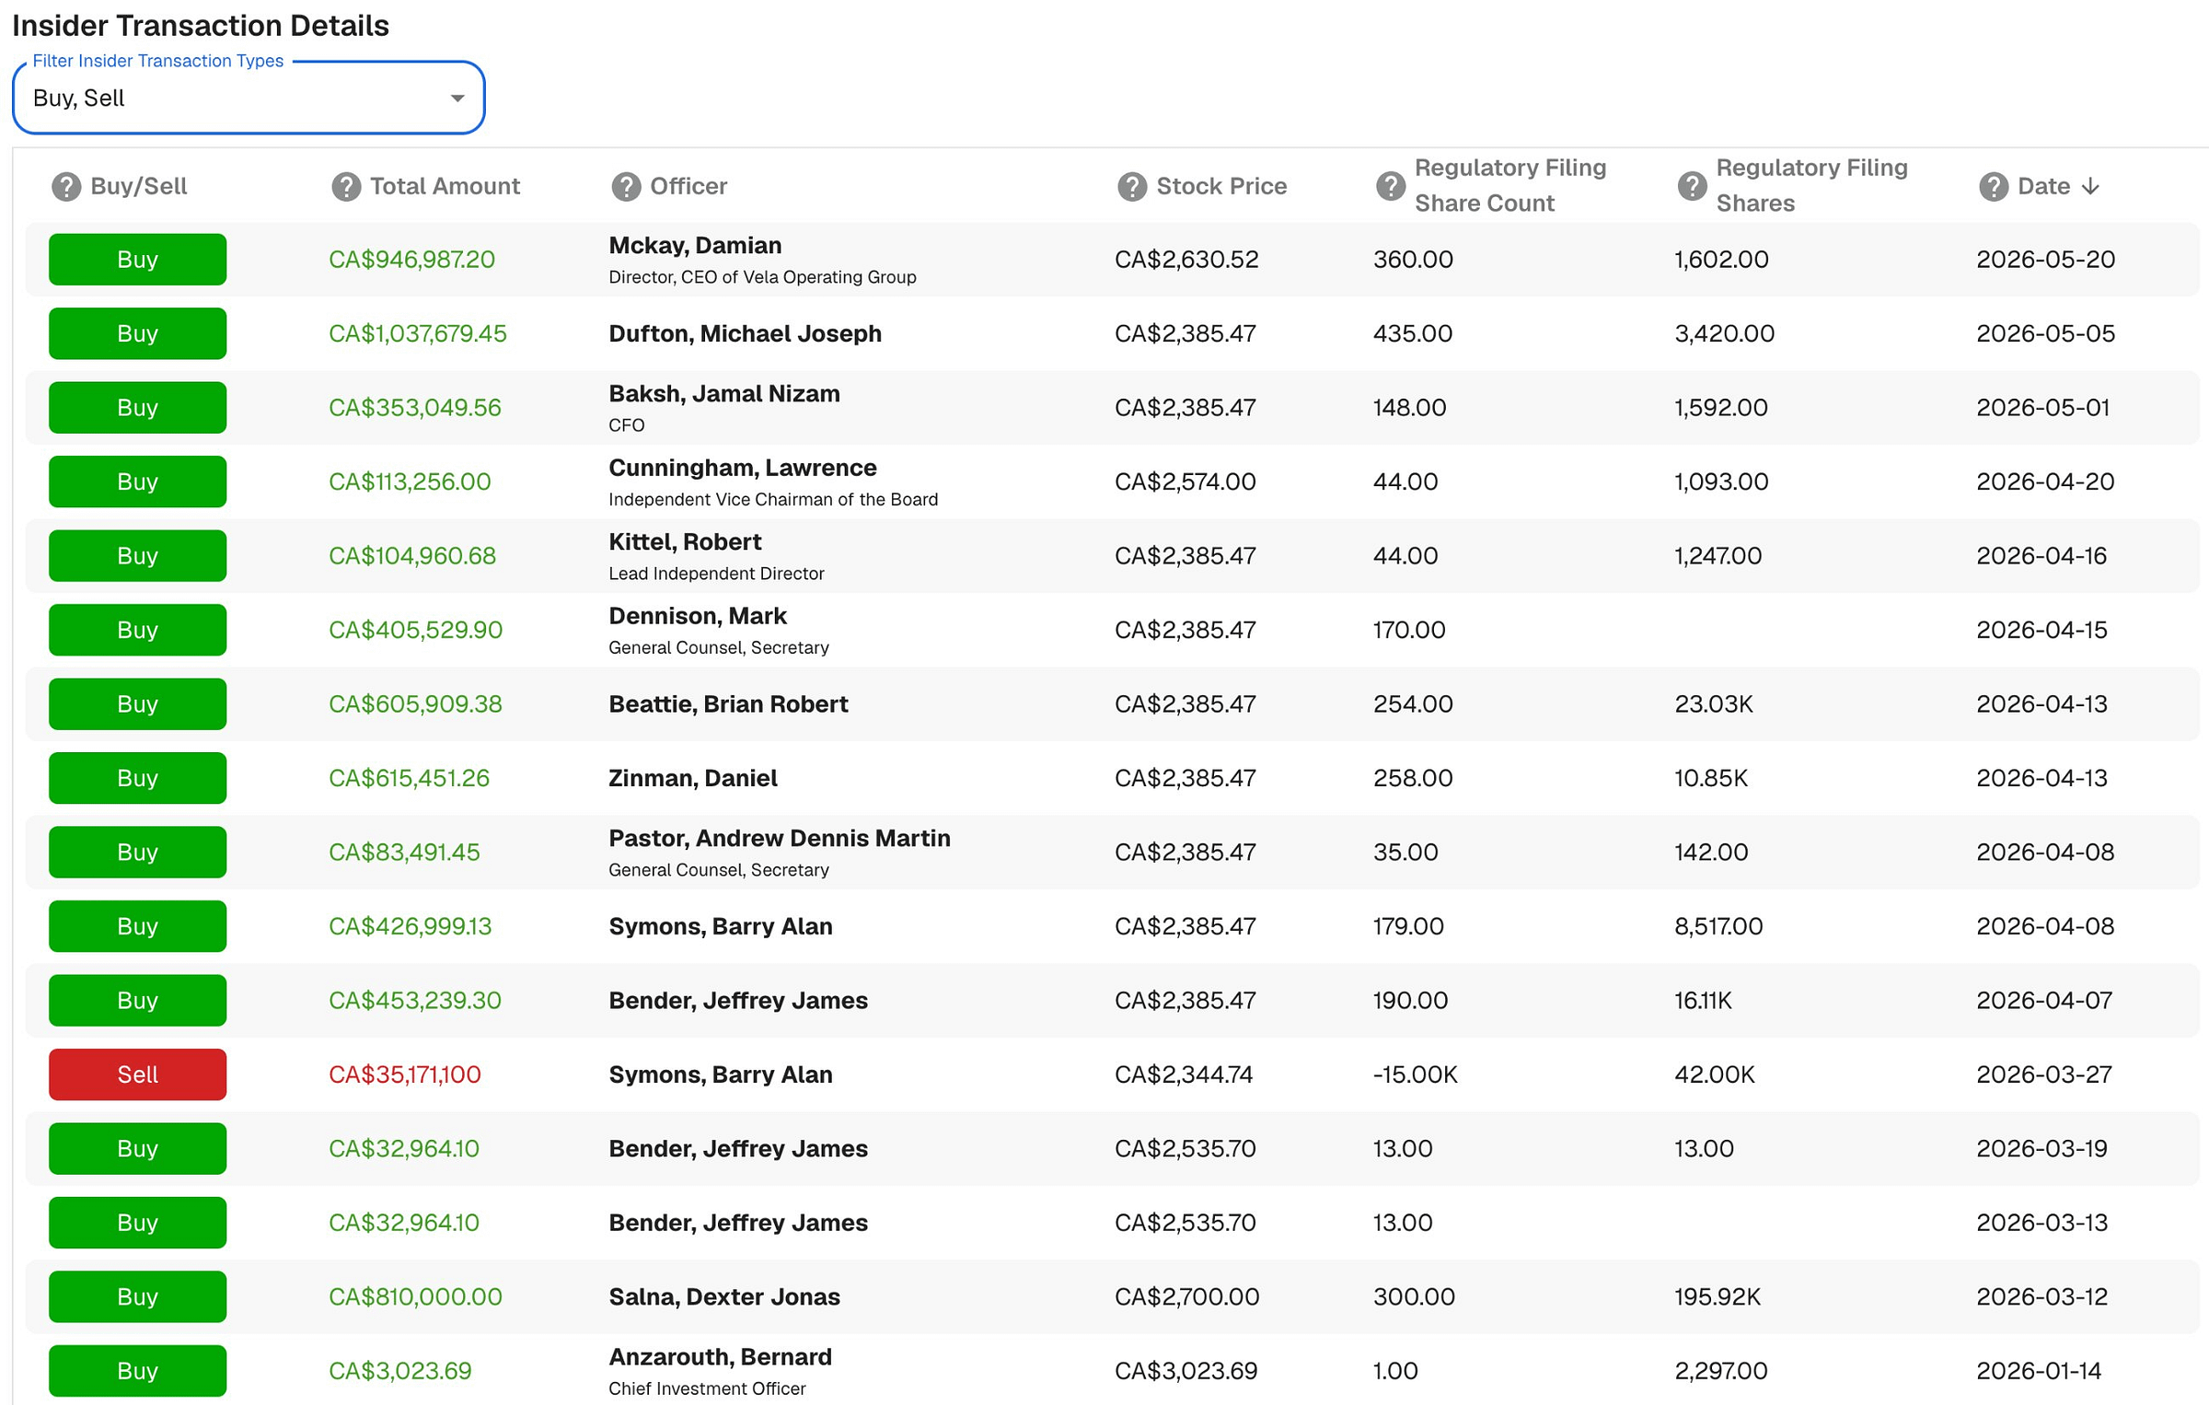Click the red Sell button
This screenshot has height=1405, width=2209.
click(x=137, y=1074)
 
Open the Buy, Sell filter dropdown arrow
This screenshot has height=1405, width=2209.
click(x=457, y=99)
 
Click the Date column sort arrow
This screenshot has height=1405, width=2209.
click(x=2089, y=186)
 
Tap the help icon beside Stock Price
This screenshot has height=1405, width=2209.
click(x=1131, y=186)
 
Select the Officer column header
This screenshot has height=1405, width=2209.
click(x=688, y=186)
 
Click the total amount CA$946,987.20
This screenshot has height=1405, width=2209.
click(x=411, y=260)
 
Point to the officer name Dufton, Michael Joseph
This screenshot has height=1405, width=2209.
click(x=745, y=333)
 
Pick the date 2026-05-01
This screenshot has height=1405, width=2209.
click(x=2042, y=407)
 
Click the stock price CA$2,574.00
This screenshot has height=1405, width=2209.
click(x=1185, y=482)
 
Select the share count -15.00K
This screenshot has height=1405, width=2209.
click(x=1415, y=1074)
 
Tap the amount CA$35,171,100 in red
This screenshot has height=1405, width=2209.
click(x=404, y=1074)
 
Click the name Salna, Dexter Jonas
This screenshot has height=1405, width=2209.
click(x=724, y=1296)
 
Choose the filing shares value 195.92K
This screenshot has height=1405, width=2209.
click(x=1717, y=1296)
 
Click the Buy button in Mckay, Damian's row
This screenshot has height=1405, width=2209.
click(x=137, y=259)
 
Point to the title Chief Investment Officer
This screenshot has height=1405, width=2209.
click(x=707, y=1388)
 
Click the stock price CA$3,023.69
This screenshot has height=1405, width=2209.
click(x=1185, y=1371)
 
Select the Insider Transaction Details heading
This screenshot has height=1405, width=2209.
click(x=201, y=26)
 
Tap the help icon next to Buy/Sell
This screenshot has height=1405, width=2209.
click(x=65, y=186)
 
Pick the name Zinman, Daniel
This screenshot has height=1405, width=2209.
click(x=692, y=778)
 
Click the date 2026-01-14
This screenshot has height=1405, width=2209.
click(x=2039, y=1371)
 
